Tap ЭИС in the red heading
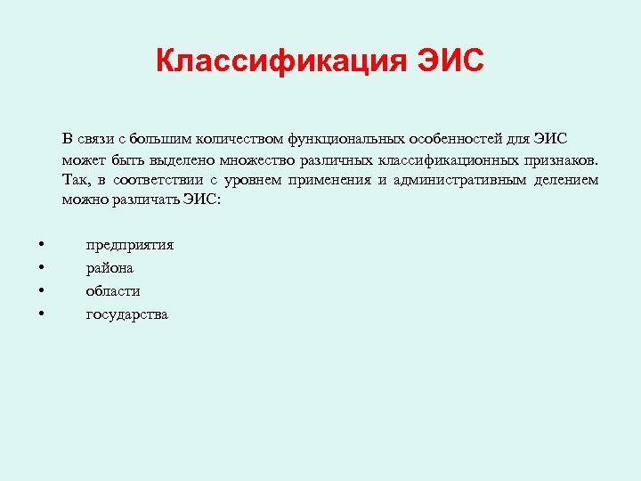coord(449,62)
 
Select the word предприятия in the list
coord(129,244)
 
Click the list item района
coord(110,267)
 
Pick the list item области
coord(113,290)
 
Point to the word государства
coord(126,314)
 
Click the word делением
coord(566,180)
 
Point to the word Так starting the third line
coord(75,180)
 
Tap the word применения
coord(328,180)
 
